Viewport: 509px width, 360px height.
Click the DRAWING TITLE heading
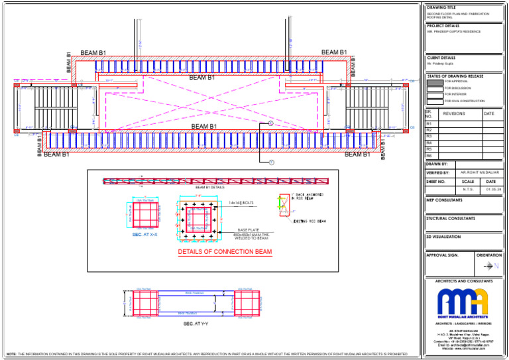click(x=441, y=7)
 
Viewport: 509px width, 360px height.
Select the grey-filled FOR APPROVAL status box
click(x=435, y=82)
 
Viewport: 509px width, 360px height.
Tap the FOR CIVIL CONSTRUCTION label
click(x=464, y=101)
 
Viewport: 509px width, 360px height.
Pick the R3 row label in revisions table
click(x=429, y=137)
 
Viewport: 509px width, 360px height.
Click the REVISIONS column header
click(x=454, y=114)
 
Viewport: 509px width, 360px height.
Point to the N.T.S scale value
click(x=468, y=189)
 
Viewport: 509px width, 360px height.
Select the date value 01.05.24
click(x=490, y=189)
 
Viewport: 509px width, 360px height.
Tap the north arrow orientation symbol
click(x=490, y=266)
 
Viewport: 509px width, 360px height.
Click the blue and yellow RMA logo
click(x=463, y=302)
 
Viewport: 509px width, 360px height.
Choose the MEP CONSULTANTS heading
click(x=444, y=199)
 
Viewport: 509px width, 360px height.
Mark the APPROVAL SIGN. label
click(x=443, y=255)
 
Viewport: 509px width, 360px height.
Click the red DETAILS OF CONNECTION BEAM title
click(x=225, y=253)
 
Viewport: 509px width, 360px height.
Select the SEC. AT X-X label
click(x=144, y=234)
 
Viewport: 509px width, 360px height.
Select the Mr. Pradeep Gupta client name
click(x=441, y=64)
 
